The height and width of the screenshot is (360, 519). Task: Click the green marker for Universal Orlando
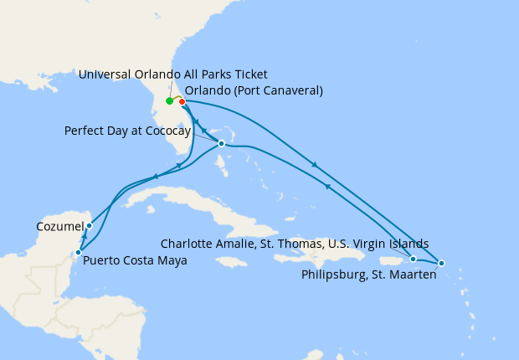(170, 101)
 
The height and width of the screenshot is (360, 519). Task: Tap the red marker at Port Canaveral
(182, 102)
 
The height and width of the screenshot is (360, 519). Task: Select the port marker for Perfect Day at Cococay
(221, 143)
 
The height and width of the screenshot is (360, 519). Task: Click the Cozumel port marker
(89, 226)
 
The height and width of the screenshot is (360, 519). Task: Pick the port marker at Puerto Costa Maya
(78, 252)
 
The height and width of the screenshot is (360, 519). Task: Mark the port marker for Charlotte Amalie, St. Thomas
(413, 259)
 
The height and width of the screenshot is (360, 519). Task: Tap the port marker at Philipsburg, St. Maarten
(441, 264)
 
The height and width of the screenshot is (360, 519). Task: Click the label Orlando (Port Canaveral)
(253, 90)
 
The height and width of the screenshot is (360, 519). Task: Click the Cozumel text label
(59, 226)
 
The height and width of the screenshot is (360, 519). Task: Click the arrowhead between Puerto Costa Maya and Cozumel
(84, 238)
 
